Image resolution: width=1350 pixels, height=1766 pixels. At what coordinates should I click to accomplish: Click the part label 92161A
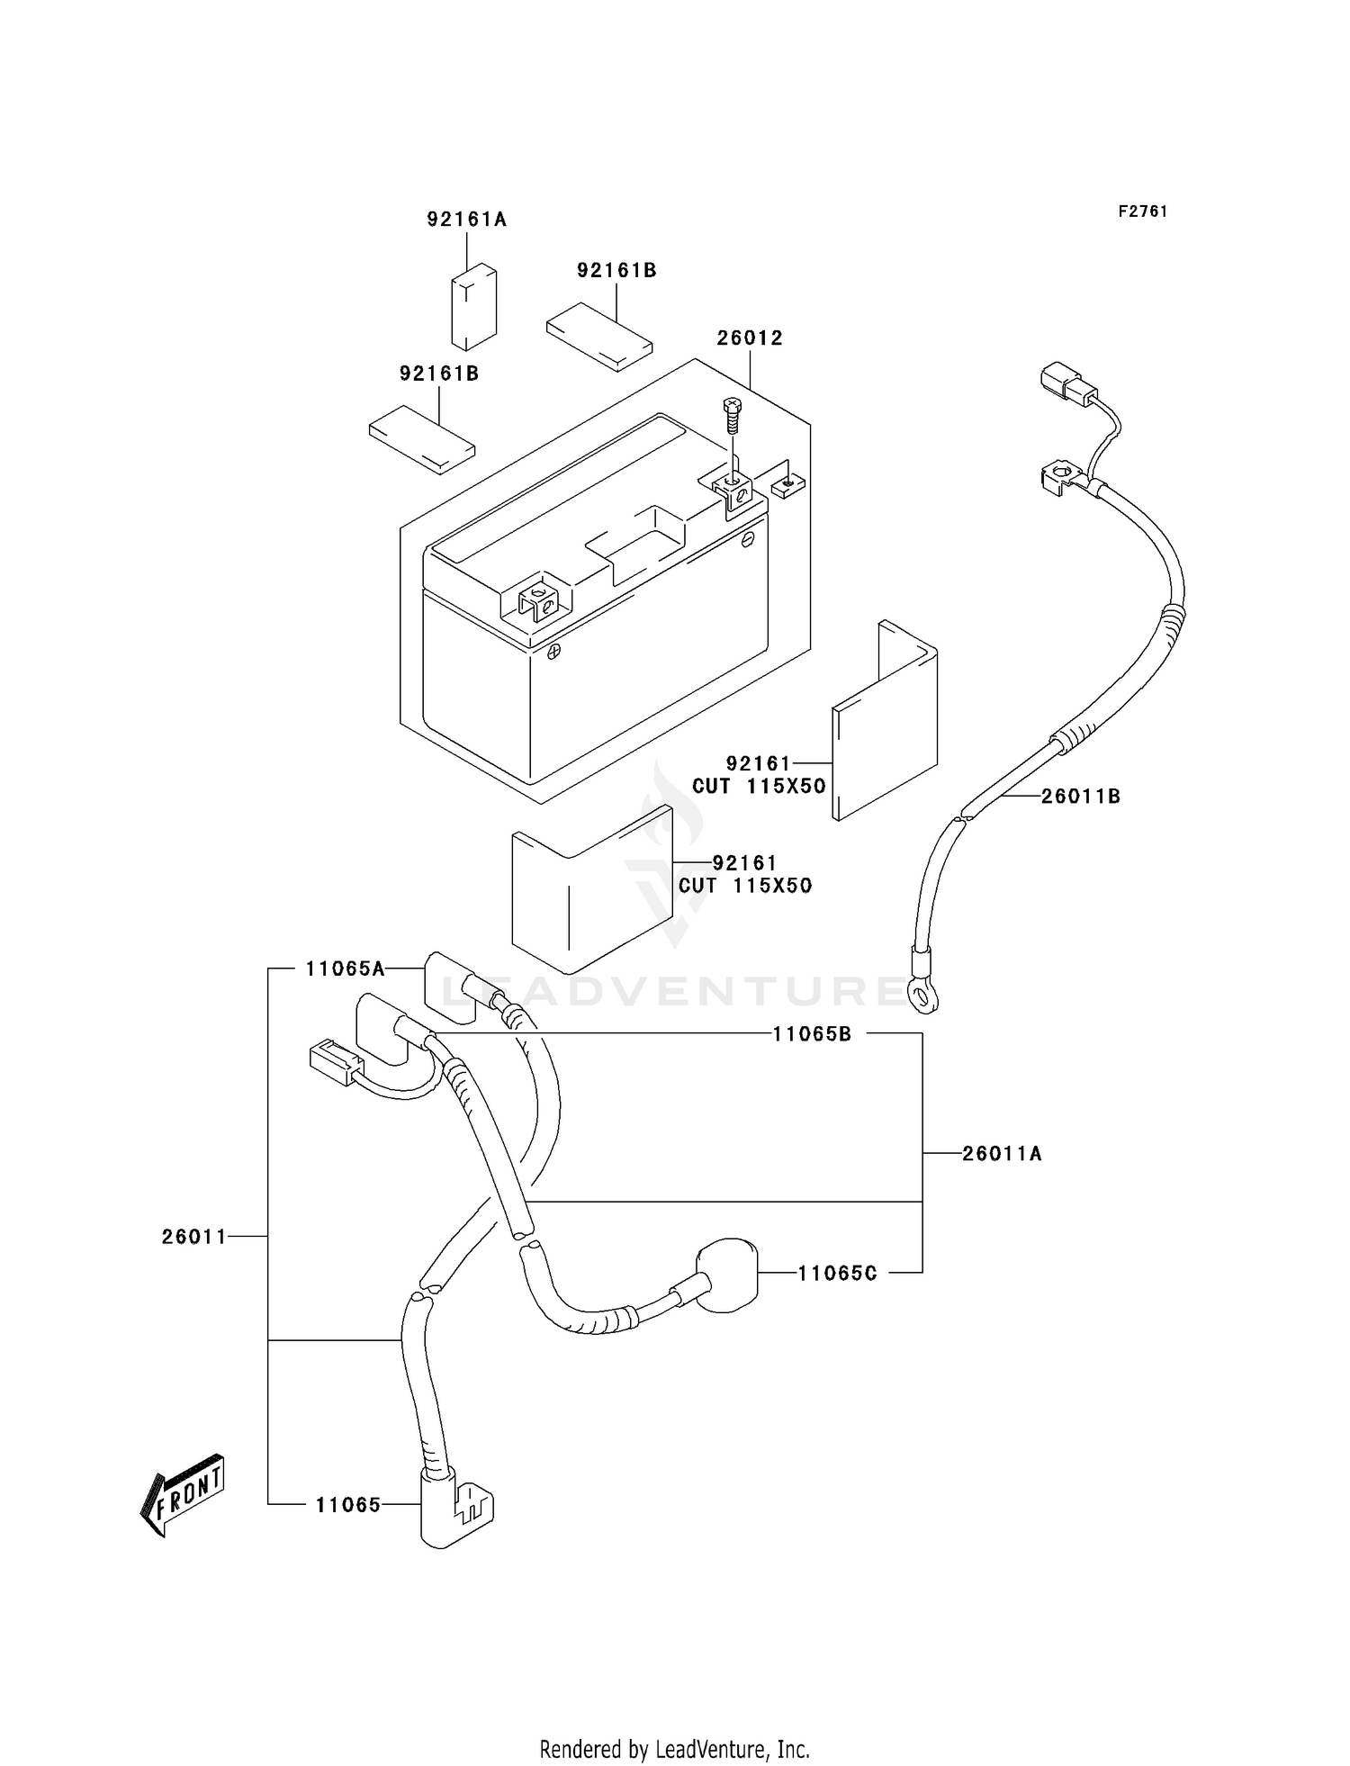click(466, 220)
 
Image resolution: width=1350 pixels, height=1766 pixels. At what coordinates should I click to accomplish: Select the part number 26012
click(750, 338)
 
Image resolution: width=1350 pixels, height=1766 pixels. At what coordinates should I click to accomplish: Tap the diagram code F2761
click(1143, 212)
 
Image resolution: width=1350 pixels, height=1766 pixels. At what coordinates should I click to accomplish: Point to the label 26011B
click(1081, 797)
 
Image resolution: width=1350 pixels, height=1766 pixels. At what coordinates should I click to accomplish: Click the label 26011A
click(1002, 1154)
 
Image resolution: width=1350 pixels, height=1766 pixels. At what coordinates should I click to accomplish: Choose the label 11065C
click(837, 1274)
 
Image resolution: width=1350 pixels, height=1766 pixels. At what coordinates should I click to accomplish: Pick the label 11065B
click(812, 1035)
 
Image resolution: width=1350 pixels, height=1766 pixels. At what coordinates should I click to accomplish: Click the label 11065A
click(345, 969)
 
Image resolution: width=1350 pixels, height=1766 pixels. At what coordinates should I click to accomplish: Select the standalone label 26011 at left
click(194, 1238)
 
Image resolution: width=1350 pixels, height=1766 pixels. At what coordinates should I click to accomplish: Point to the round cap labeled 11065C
click(727, 1269)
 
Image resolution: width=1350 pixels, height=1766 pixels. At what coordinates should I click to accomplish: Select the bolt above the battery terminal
click(731, 417)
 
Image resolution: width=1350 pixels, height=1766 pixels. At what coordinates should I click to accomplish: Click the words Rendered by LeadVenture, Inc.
click(675, 1724)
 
